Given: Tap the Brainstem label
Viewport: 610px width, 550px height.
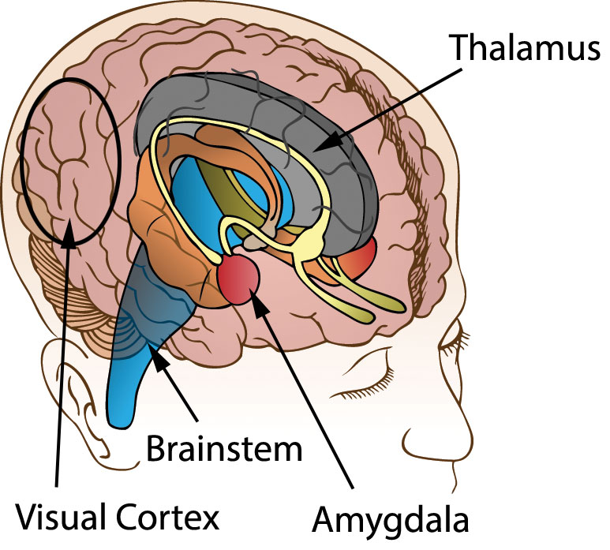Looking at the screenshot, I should pos(225,450).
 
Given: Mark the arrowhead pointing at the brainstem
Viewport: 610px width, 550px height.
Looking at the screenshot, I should pos(160,362).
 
